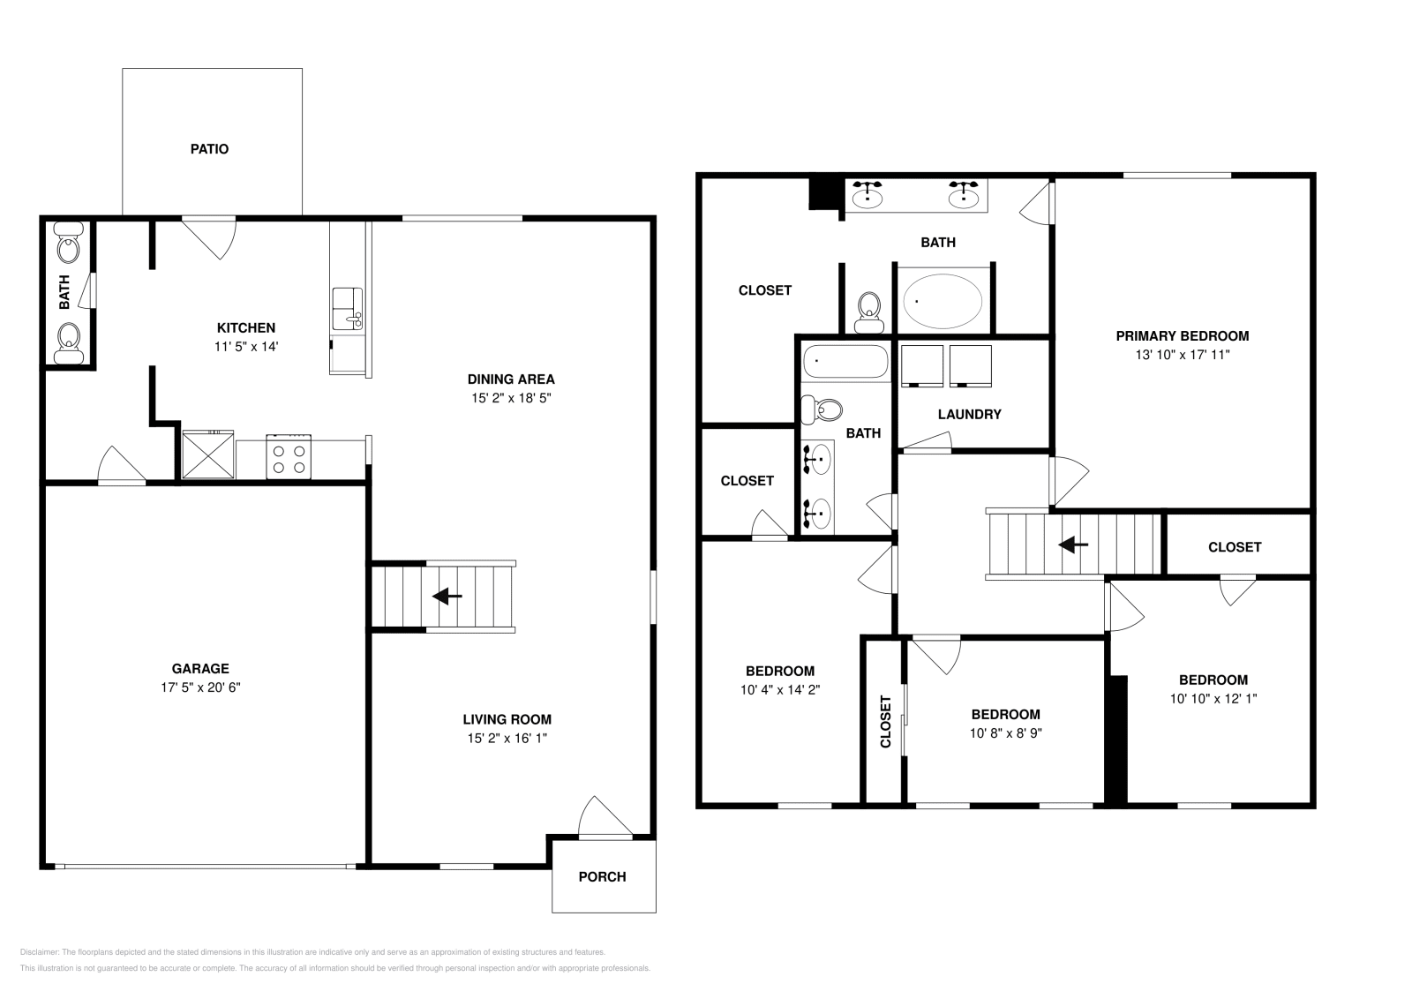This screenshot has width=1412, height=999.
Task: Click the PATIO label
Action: click(209, 149)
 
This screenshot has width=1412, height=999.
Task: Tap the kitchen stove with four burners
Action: click(289, 457)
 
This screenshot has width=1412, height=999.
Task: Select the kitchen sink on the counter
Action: click(347, 308)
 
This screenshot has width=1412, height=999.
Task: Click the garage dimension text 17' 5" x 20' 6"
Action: click(195, 687)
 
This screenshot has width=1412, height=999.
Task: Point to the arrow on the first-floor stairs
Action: click(447, 597)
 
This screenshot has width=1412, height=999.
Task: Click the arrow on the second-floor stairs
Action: click(1072, 545)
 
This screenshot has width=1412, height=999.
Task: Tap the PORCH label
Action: click(602, 876)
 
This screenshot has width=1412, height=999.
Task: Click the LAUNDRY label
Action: click(969, 414)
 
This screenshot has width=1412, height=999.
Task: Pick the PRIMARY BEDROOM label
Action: click(1182, 335)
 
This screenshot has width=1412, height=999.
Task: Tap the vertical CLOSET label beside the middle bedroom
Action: click(885, 721)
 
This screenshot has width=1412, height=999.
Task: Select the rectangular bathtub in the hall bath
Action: click(845, 362)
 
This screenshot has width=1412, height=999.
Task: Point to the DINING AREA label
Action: click(511, 379)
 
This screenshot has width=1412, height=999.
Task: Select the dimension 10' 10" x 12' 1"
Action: click(1213, 698)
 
